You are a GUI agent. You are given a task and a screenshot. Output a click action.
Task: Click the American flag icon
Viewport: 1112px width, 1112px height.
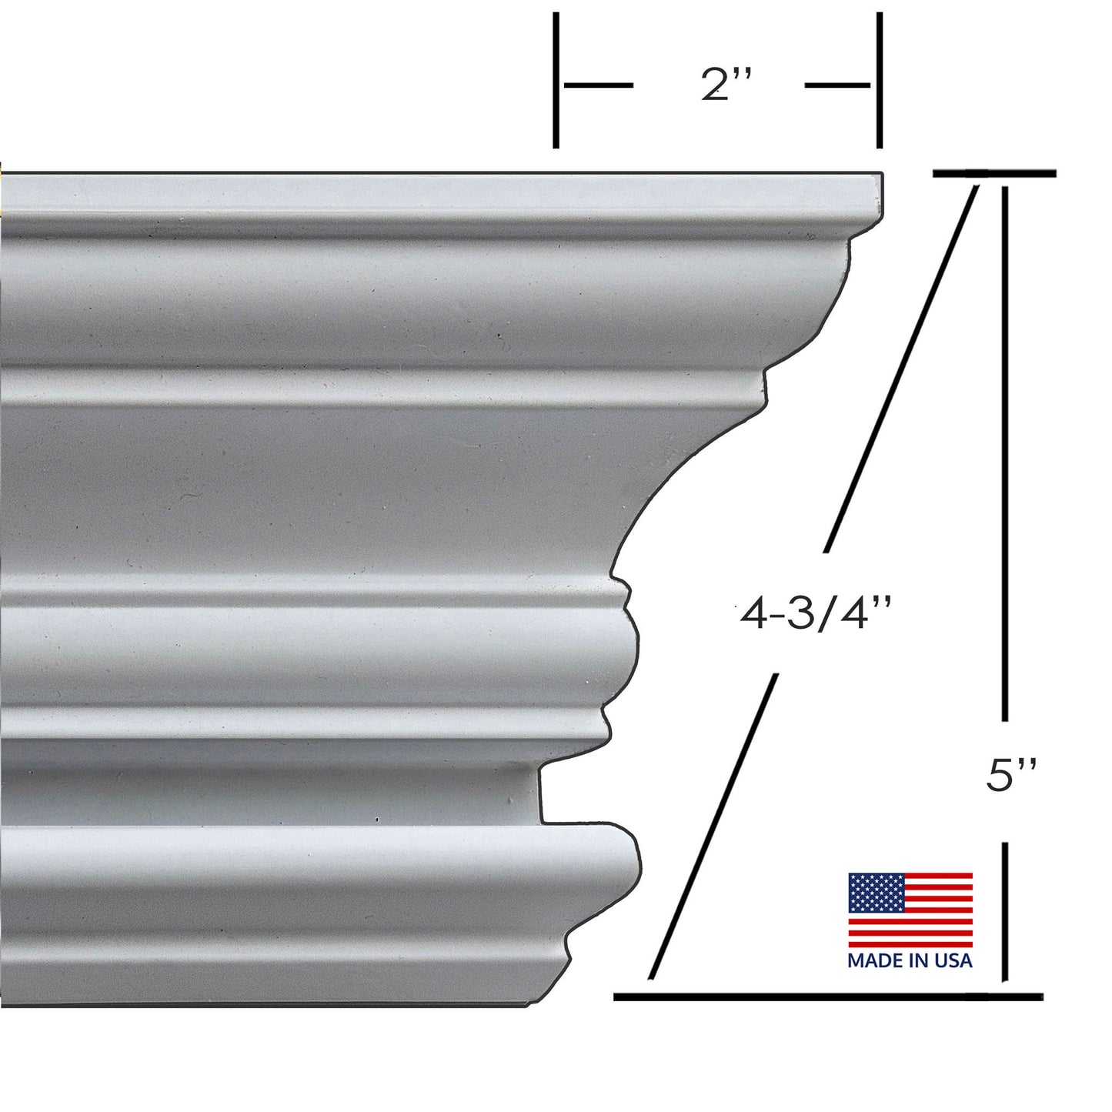point(910,910)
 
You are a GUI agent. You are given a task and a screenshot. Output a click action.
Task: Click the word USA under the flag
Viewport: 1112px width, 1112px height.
point(954,960)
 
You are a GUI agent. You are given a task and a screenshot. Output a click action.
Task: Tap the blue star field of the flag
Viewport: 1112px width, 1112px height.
point(876,892)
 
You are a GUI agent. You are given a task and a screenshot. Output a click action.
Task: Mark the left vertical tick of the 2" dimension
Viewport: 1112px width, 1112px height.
point(556,80)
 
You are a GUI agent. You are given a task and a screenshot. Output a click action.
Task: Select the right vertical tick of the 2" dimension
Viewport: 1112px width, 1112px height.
point(879,80)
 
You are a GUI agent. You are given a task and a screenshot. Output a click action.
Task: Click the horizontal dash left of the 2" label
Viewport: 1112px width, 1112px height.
point(599,85)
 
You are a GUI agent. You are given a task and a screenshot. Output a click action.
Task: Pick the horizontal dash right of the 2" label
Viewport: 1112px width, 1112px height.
point(837,85)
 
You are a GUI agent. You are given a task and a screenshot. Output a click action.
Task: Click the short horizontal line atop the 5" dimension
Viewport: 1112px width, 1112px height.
point(994,174)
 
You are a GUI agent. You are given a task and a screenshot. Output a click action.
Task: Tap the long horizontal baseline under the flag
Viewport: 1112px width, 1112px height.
point(827,997)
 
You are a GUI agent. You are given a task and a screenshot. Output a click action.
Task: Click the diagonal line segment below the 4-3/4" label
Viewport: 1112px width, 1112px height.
point(712,827)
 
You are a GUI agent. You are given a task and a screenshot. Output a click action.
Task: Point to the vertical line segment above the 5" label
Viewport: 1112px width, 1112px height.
point(1004,454)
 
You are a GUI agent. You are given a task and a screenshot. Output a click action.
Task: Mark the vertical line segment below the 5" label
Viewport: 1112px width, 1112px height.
point(1004,912)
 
